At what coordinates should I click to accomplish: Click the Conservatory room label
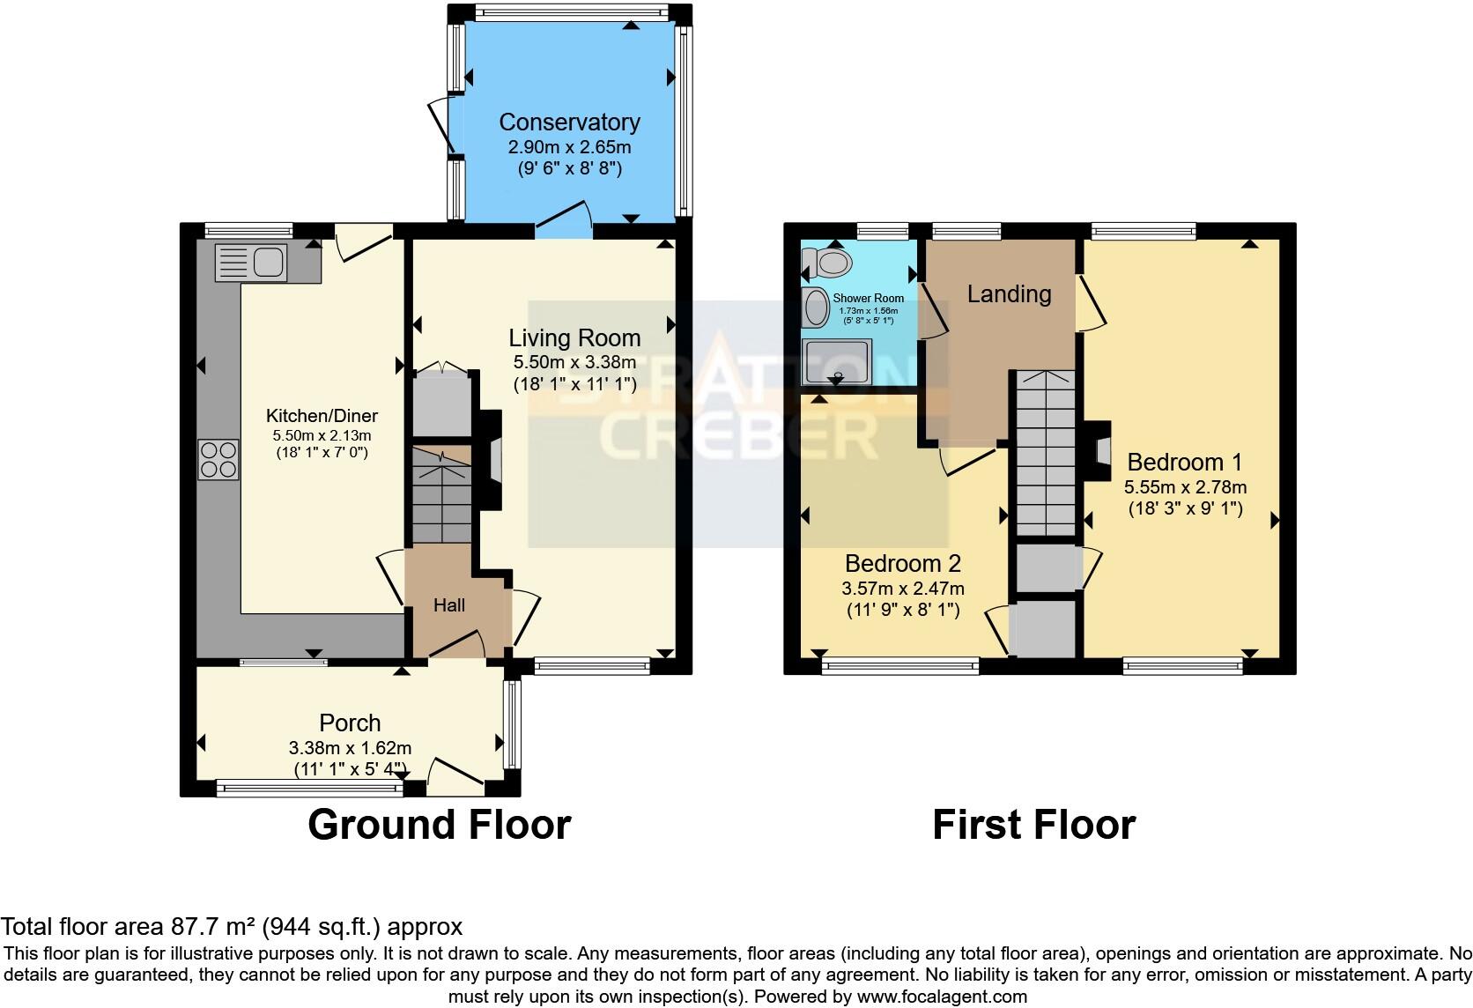(x=569, y=122)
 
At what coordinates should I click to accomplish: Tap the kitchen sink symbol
(x=252, y=262)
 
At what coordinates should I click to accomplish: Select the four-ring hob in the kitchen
(x=218, y=459)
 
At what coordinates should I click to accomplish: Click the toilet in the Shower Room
(x=827, y=262)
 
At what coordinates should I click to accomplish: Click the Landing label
(x=1009, y=294)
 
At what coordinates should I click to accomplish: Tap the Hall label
(x=449, y=605)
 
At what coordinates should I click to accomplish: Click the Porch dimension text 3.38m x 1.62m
(x=350, y=748)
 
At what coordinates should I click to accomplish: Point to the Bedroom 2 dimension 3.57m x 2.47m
(x=903, y=589)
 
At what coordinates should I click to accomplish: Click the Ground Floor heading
(x=439, y=825)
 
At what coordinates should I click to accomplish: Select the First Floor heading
(x=1033, y=825)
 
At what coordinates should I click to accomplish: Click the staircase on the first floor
(x=1043, y=454)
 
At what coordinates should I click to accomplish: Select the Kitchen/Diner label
(x=322, y=416)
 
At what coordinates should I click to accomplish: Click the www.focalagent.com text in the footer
(x=941, y=997)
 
